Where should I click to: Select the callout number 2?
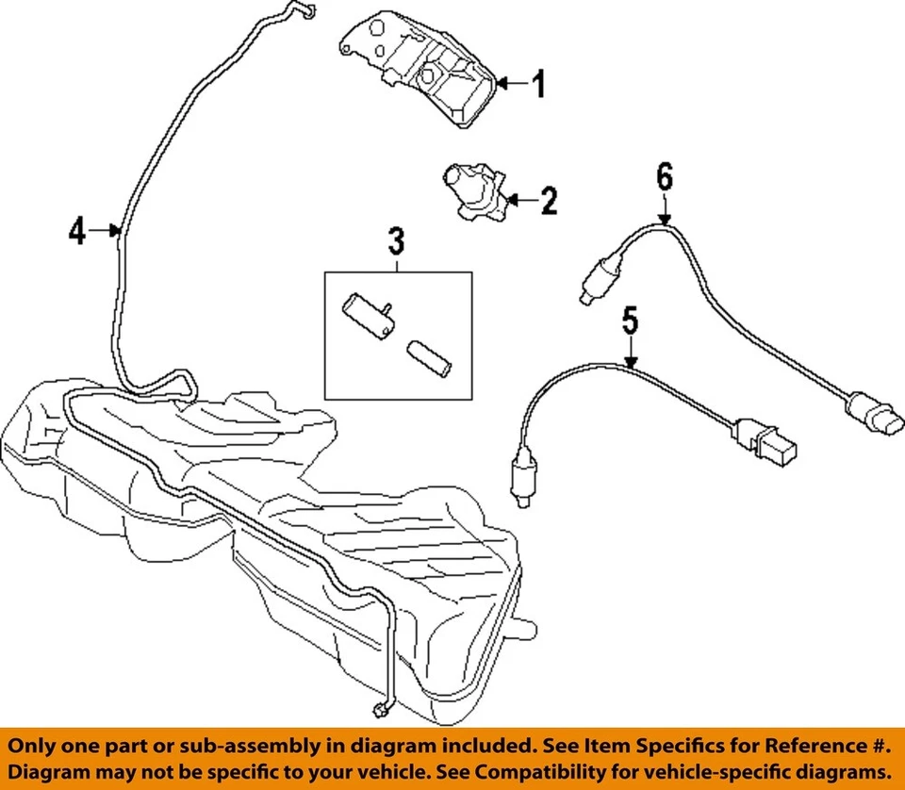[x=548, y=200]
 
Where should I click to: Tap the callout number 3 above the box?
[x=396, y=242]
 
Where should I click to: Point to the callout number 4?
[x=77, y=230]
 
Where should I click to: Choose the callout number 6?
[x=665, y=176]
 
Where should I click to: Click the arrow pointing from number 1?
[x=509, y=85]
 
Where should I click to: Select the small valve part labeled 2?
[x=471, y=189]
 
